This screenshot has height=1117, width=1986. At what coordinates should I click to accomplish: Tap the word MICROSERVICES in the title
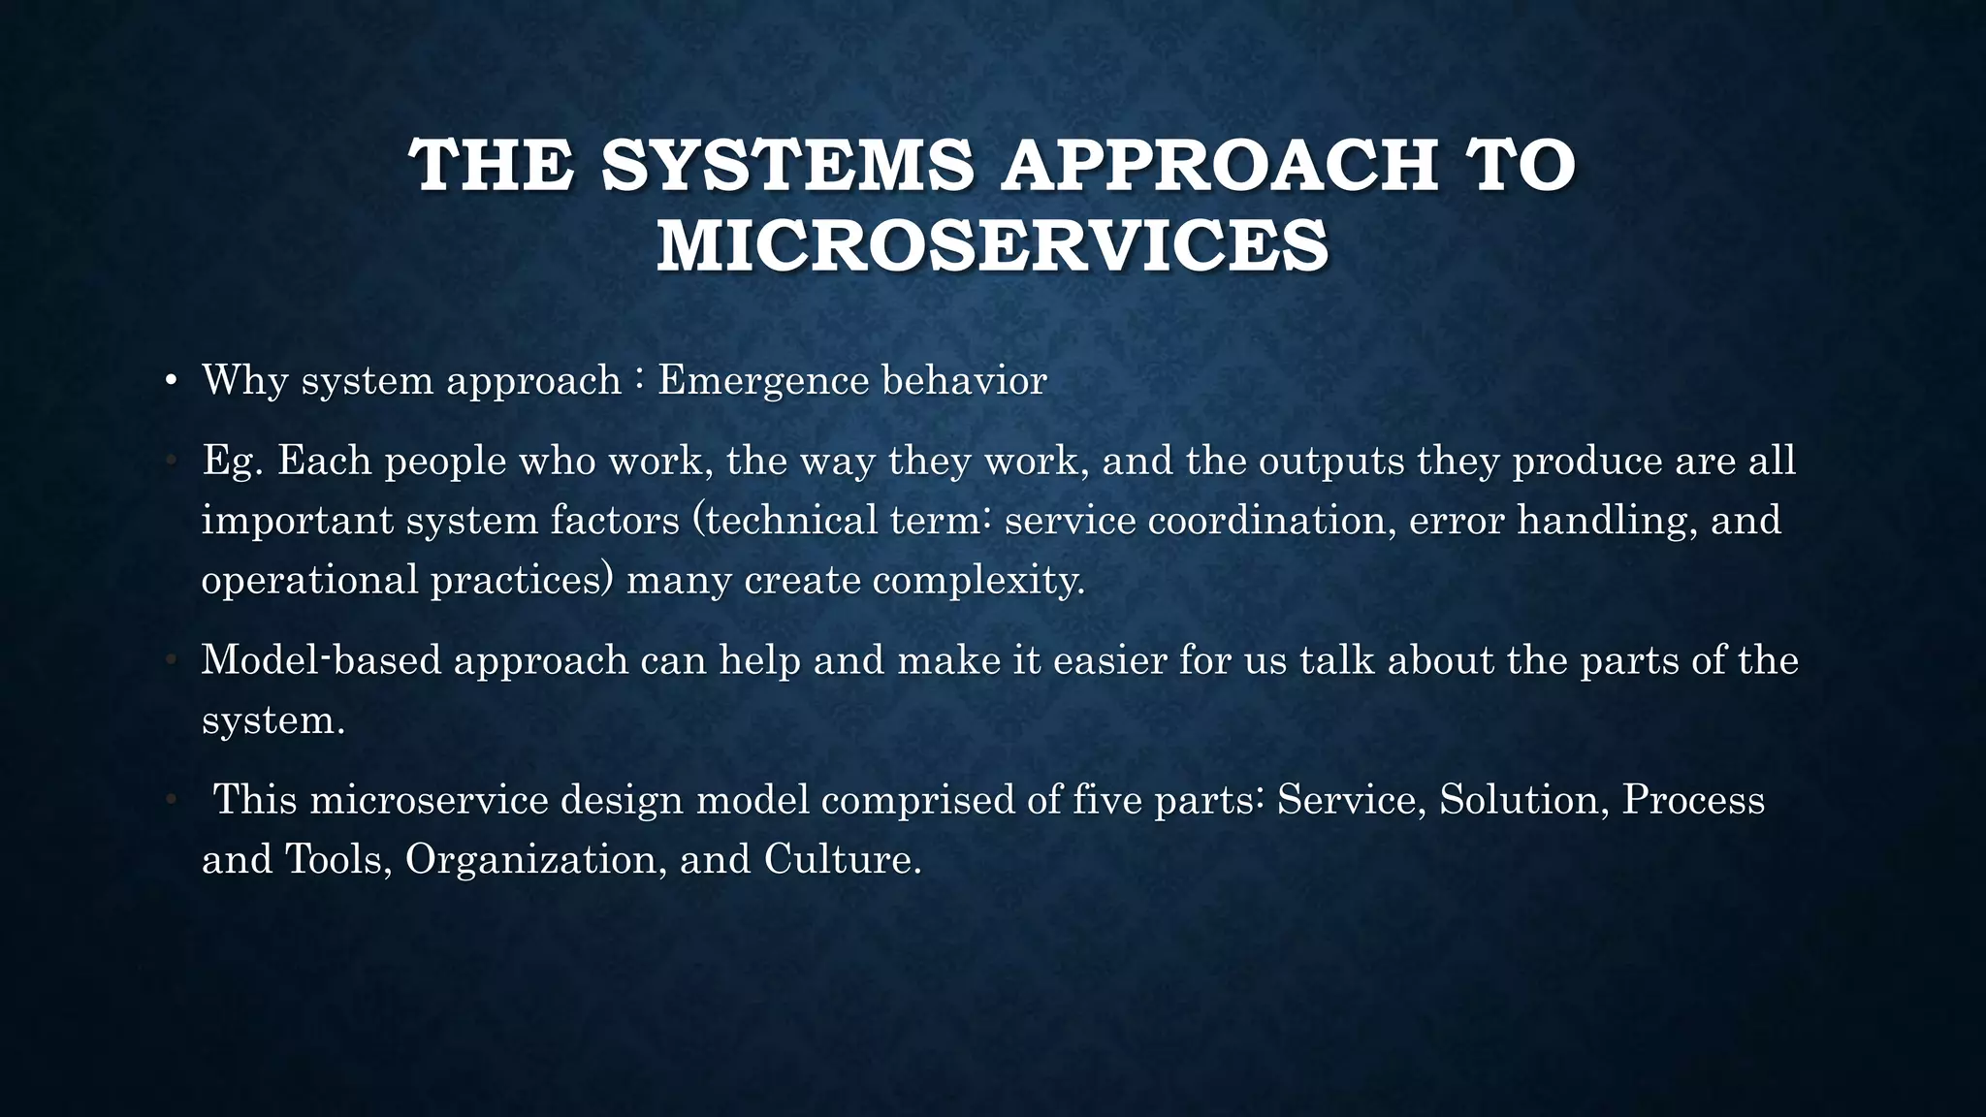pyautogui.click(x=993, y=245)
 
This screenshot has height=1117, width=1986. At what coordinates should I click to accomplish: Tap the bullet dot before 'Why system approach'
pyautogui.click(x=171, y=381)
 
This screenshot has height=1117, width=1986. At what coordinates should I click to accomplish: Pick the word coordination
pyautogui.click(x=1272, y=521)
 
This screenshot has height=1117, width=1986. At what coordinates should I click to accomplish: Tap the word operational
pyautogui.click(x=310, y=581)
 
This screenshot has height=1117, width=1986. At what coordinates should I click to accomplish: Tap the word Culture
pyautogui.click(x=842, y=860)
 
